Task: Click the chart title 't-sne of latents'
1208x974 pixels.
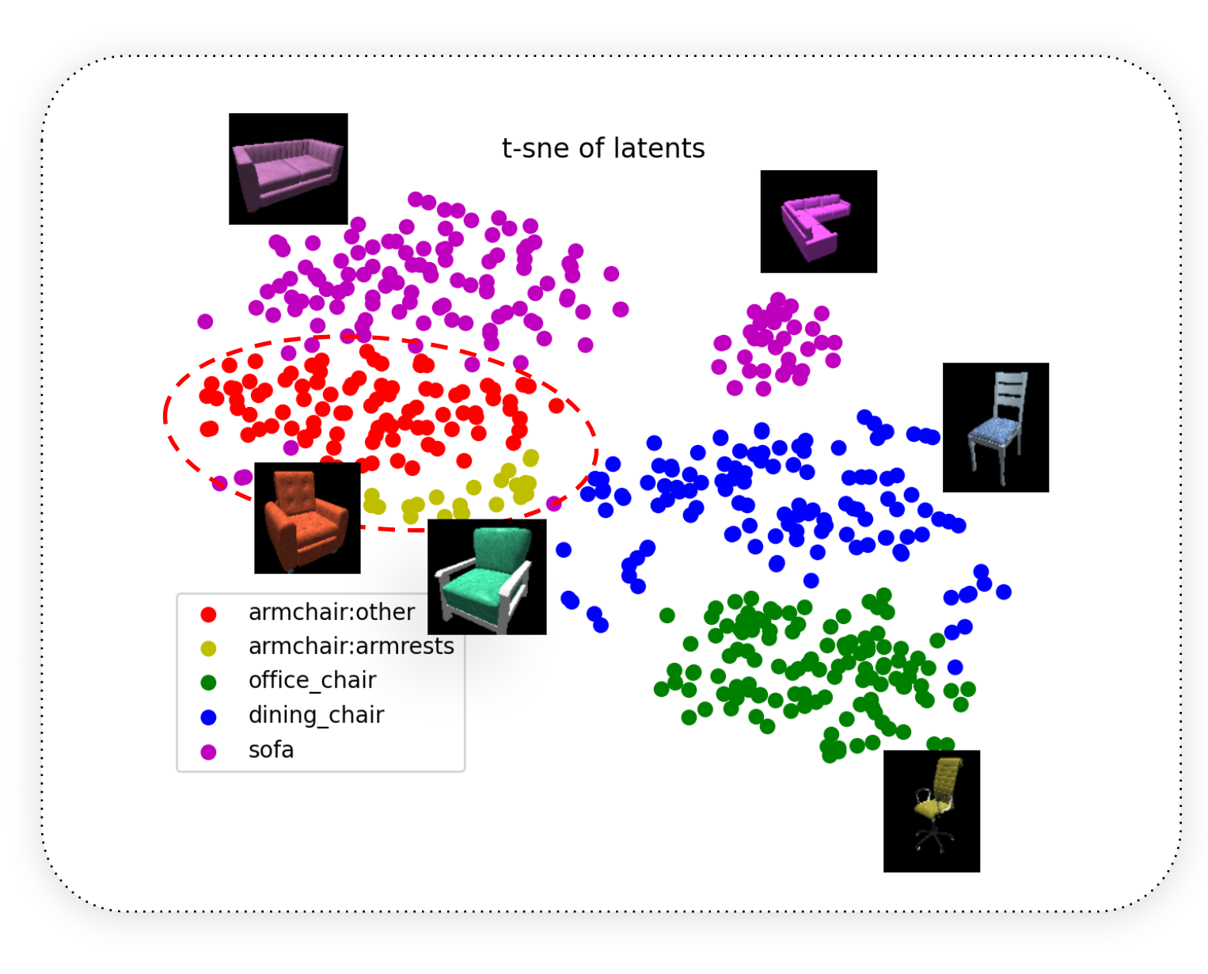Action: pyautogui.click(x=603, y=148)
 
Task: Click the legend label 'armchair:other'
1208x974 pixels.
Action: pyautogui.click(x=331, y=611)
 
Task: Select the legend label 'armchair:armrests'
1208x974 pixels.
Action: pyautogui.click(x=351, y=646)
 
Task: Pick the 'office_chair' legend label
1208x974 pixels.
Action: pyautogui.click(x=312, y=681)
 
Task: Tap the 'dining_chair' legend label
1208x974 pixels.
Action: pyautogui.click(x=316, y=715)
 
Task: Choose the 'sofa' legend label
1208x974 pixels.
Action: pyautogui.click(x=271, y=750)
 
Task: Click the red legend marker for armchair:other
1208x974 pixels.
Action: pyautogui.click(x=208, y=614)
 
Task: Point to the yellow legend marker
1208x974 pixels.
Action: pyautogui.click(x=208, y=649)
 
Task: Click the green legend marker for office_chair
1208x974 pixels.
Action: pyautogui.click(x=208, y=683)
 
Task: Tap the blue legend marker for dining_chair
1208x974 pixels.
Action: pyautogui.click(x=208, y=717)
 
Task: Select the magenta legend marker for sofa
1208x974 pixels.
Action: pyautogui.click(x=208, y=751)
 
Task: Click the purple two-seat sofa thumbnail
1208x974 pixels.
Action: pyautogui.click(x=288, y=169)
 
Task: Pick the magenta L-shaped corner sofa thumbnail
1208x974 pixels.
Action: pyautogui.click(x=818, y=221)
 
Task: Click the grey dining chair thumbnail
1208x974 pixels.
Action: pyautogui.click(x=995, y=427)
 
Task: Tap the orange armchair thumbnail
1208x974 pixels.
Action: pyautogui.click(x=307, y=517)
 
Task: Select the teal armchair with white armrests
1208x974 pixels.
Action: pyautogui.click(x=487, y=576)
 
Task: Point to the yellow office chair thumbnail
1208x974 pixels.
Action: pyautogui.click(x=931, y=811)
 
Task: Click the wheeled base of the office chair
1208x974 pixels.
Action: pyautogui.click(x=933, y=839)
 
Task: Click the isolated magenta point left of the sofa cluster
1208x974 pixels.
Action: pyautogui.click(x=205, y=321)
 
